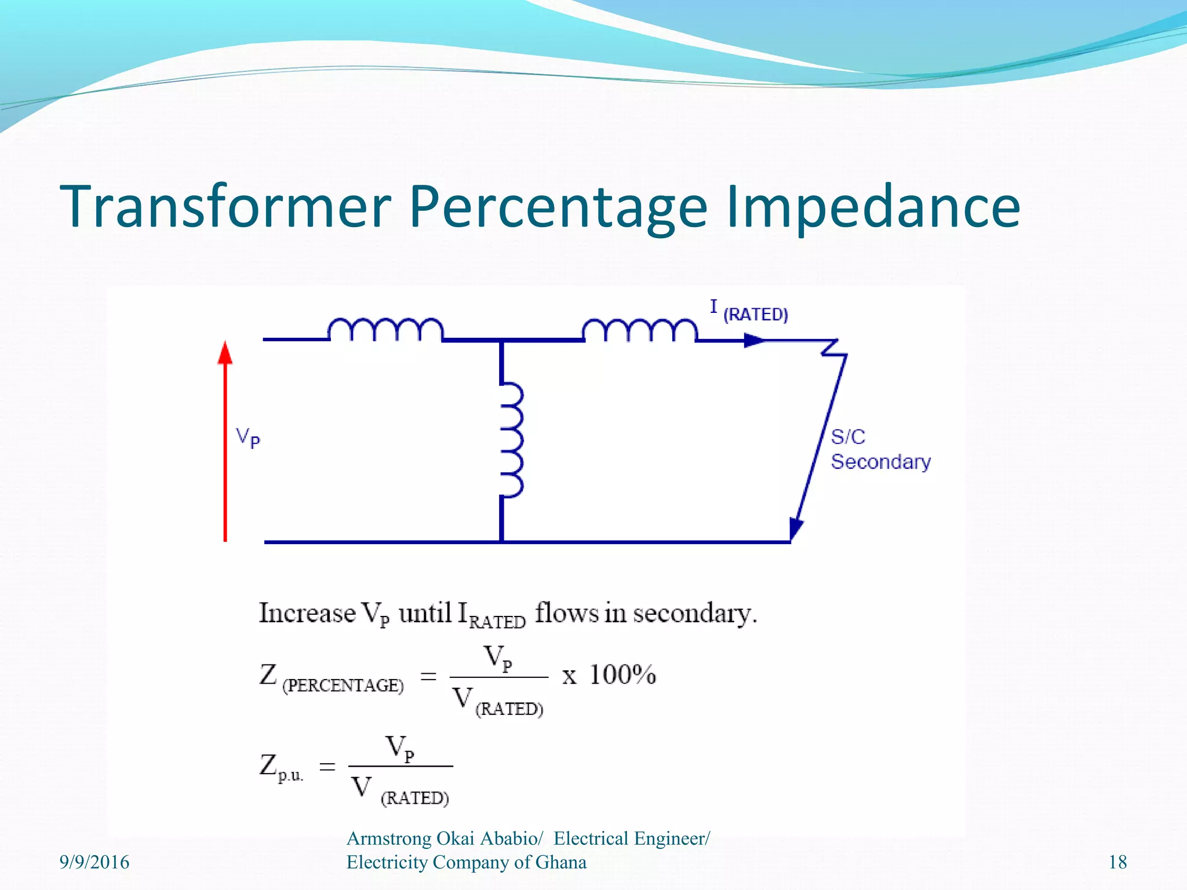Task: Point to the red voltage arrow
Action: pos(225,440)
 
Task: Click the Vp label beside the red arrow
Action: pos(248,437)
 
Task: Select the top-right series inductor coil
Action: pos(639,330)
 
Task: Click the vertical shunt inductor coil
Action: pos(511,440)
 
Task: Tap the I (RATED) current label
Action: pos(749,312)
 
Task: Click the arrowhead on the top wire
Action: pos(753,340)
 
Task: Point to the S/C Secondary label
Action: pos(880,449)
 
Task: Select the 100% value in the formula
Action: pos(622,675)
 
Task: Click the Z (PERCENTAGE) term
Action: pos(331,678)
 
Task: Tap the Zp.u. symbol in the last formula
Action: pos(281,767)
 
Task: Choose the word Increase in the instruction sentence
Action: pos(307,614)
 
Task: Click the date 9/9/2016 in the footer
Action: pos(94,862)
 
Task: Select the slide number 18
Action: pos(1117,862)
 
